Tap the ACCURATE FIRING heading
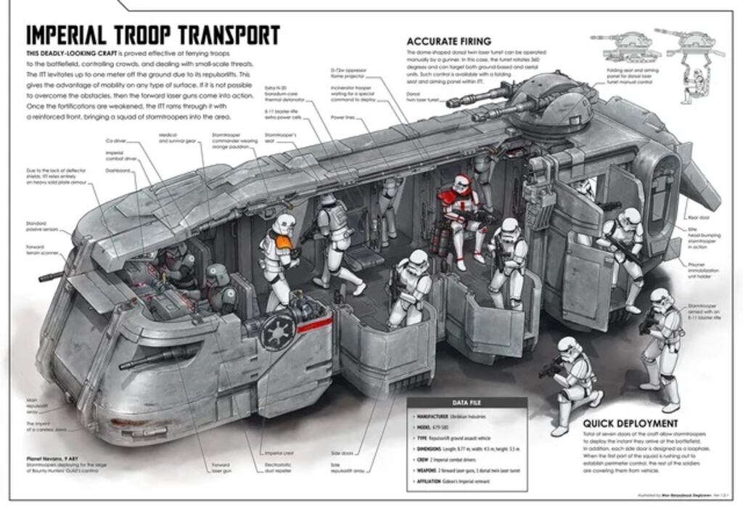448,41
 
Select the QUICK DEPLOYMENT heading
631,423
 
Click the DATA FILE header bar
467,403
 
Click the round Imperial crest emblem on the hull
279,333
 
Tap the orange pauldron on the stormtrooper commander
285,241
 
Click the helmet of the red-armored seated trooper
462,184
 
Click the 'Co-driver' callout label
116,141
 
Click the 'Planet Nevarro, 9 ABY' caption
51,459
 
